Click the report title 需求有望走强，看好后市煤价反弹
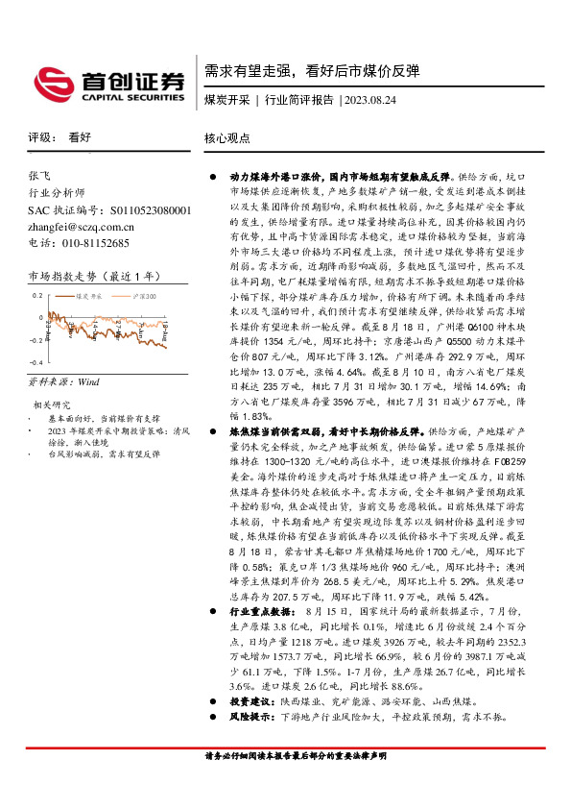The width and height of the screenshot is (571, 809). click(311, 70)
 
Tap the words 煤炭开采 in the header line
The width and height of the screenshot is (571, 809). click(226, 100)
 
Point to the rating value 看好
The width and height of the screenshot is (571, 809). click(80, 137)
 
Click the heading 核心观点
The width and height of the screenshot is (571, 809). click(227, 137)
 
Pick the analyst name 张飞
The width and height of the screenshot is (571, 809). click(41, 177)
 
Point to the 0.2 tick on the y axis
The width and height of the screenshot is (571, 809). click(38, 296)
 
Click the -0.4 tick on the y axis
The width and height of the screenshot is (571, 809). click(36, 362)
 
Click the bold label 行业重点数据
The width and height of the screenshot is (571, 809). click(258, 637)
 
